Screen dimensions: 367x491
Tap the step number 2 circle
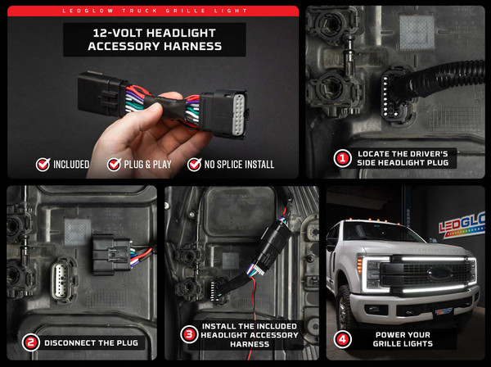30,342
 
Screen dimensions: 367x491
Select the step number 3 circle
188,334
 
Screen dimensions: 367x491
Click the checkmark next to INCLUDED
43,165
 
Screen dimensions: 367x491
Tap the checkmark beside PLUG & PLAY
111,165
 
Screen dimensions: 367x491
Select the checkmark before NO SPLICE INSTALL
194,165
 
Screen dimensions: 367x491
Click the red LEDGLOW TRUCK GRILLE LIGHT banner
153,11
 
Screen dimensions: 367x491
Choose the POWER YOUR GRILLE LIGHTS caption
405,338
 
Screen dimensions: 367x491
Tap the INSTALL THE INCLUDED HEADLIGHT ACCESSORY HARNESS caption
250,334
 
